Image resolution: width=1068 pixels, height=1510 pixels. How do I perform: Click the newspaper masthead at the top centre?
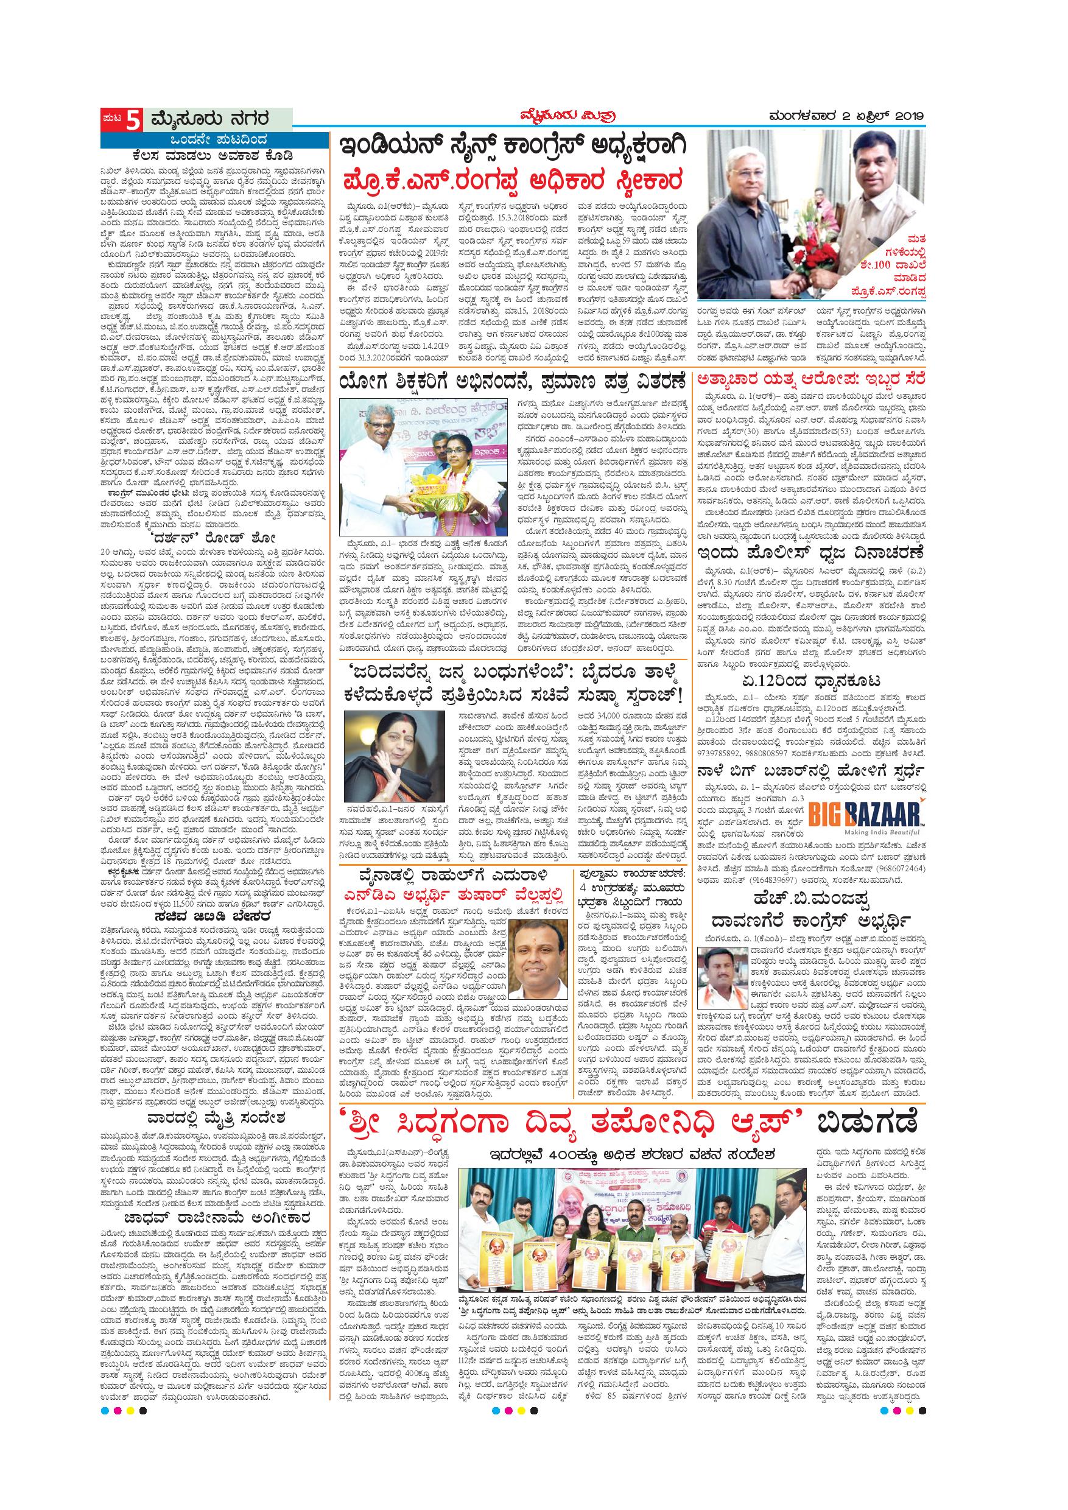pos(533,117)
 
